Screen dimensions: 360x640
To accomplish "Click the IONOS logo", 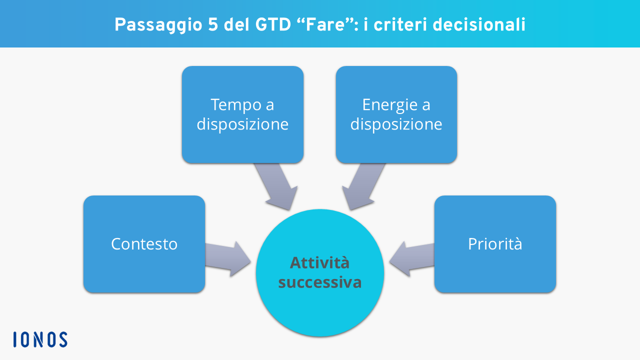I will (40, 339).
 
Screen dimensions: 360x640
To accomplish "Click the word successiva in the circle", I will (320, 282).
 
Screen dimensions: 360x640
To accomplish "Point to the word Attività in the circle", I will (320, 262).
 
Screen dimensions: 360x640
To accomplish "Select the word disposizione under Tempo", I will (242, 124).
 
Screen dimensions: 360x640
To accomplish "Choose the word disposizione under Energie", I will (396, 124).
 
